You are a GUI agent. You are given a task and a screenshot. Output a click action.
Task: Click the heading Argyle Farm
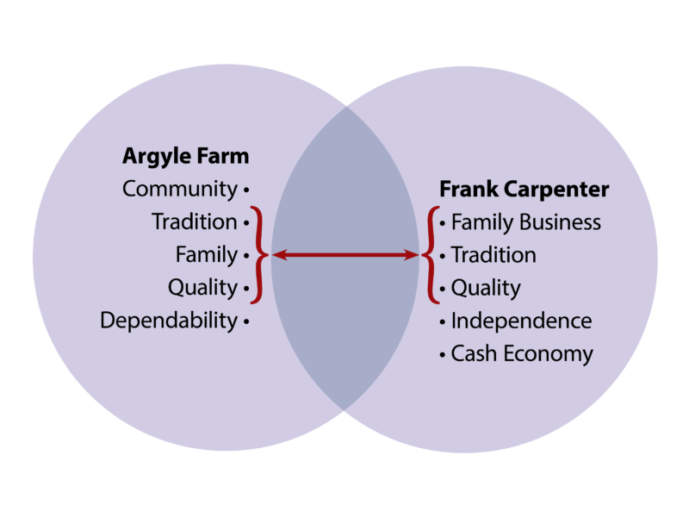[x=185, y=156]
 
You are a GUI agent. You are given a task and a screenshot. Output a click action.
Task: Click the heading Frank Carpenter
[x=524, y=189]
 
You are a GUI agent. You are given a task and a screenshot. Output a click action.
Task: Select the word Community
[x=179, y=189]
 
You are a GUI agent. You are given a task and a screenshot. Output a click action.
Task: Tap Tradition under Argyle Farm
[x=194, y=221]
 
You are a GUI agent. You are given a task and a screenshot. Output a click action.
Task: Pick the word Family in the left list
[x=206, y=255]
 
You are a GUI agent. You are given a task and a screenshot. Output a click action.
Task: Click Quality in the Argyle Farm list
[x=202, y=288]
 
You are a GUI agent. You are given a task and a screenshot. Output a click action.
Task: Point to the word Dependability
[x=168, y=321]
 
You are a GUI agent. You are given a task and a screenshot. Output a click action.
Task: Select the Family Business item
[x=525, y=222]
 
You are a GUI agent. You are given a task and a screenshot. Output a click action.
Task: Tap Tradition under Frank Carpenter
[x=493, y=255]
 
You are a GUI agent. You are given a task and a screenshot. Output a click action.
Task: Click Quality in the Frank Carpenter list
[x=486, y=288]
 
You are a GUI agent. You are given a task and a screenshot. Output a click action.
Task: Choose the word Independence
[x=521, y=321]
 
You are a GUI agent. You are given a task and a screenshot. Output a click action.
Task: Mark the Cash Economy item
[x=522, y=353]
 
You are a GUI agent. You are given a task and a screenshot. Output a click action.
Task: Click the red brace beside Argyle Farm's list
[x=258, y=255]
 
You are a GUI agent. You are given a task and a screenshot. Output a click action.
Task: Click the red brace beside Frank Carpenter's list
[x=431, y=255]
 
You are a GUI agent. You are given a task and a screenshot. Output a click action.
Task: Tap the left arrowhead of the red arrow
[x=277, y=255]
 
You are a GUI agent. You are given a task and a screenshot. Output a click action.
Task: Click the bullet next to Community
[x=246, y=189]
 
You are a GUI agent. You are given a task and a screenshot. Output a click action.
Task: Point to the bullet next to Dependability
[x=246, y=321]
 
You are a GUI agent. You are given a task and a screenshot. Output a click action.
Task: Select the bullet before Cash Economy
[x=443, y=354]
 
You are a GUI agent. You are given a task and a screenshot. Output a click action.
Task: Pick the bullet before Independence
[x=443, y=321]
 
